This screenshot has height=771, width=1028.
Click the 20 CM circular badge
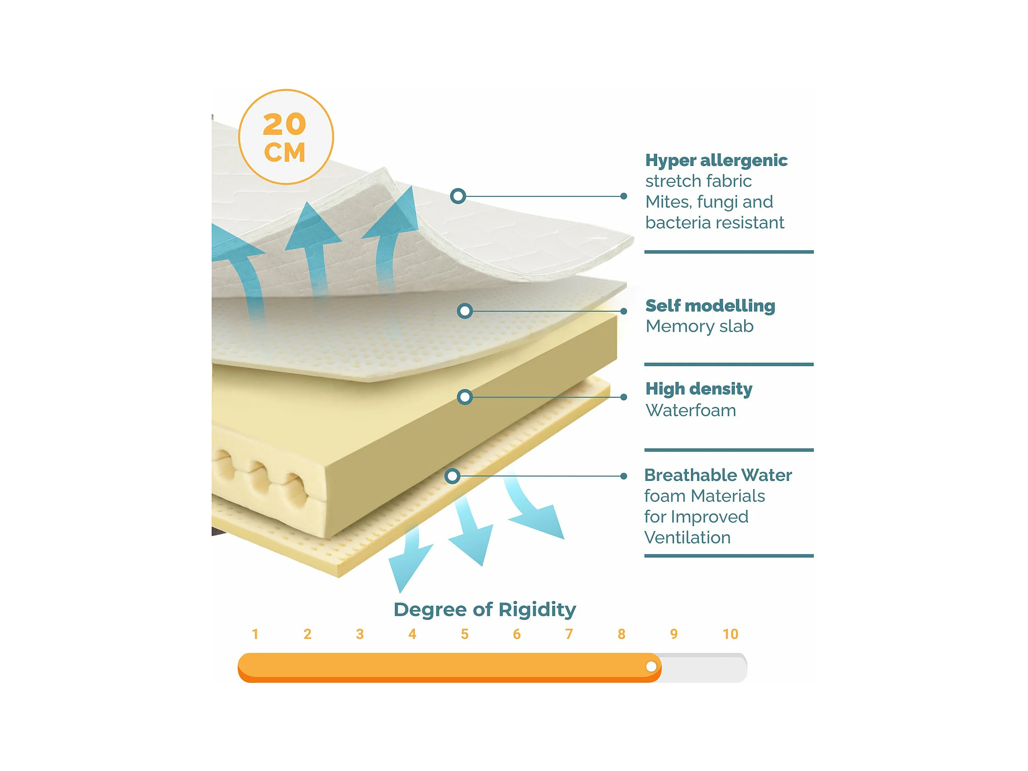pos(286,137)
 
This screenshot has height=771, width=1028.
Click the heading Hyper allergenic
pos(716,160)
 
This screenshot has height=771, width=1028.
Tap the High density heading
pos(699,389)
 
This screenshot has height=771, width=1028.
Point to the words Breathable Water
pos(718,475)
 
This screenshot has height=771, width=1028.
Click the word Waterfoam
pos(691,410)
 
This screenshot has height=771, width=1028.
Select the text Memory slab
pos(699,326)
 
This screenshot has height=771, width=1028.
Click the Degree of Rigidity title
pos(485,609)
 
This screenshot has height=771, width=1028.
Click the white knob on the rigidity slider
pos(652,666)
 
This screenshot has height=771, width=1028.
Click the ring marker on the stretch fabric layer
pos(458,196)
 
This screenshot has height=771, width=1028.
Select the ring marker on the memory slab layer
pos(465,311)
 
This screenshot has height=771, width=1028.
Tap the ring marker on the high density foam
pos(465,397)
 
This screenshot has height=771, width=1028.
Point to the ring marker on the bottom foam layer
pos(452,476)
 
